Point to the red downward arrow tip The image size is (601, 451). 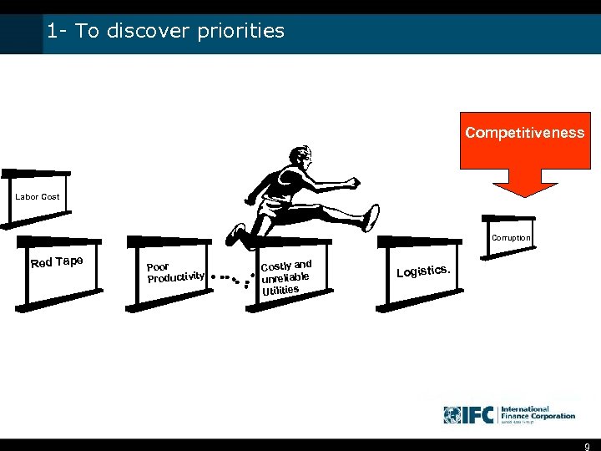(524, 194)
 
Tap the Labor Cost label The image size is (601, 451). (37, 197)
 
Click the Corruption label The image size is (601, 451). (510, 238)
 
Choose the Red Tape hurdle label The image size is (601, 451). (56, 261)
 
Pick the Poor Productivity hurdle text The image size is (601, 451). (174, 272)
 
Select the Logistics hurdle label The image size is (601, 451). (426, 271)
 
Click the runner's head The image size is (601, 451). (300, 157)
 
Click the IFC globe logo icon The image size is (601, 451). (452, 414)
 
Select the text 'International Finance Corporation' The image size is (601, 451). (538, 413)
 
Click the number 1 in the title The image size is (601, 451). (52, 32)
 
